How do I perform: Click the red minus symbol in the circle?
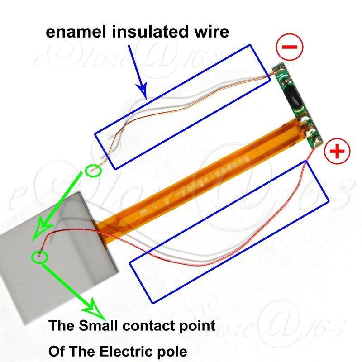coord(290,47)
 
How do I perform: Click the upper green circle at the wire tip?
coord(93,171)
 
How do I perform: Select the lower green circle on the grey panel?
coord(39,257)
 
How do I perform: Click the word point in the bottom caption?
coord(195,325)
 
